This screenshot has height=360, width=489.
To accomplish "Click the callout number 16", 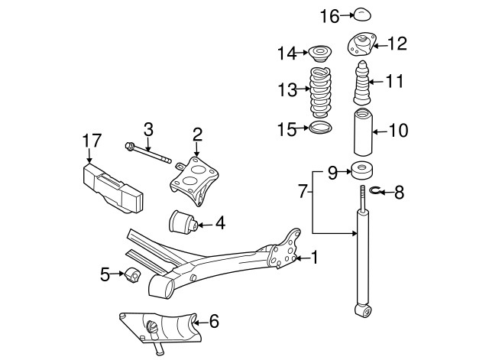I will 329,15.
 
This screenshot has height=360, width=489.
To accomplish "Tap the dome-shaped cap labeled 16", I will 361,14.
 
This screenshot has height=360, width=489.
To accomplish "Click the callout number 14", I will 287,53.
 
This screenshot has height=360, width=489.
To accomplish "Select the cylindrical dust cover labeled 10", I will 363,133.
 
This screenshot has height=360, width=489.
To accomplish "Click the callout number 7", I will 303,190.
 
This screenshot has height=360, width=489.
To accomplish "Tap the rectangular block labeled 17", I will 112,188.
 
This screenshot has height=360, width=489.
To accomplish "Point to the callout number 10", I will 399,130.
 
